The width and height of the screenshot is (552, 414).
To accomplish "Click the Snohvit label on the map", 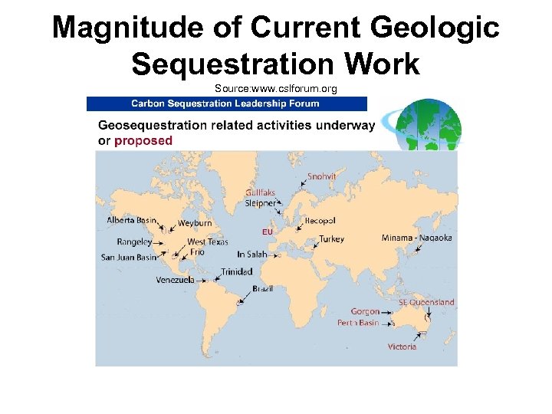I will pos(321,176).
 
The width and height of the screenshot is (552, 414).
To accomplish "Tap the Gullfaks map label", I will pos(260,193).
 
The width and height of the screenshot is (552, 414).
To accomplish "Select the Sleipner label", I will pos(260,204).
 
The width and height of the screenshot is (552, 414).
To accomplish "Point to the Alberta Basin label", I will pos(131,221).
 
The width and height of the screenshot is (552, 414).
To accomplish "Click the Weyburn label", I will pos(194,223).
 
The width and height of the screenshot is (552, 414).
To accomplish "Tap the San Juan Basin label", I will pos(129,257).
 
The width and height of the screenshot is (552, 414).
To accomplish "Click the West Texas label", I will pos(207,242).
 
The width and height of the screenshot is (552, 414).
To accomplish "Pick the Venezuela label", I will pos(175,280).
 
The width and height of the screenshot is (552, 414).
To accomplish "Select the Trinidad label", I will pos(237,271).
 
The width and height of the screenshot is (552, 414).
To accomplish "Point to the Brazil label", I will pos(263,289).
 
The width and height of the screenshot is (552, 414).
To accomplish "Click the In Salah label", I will pos(252,254).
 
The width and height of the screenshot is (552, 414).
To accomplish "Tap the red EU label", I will pos(267,231).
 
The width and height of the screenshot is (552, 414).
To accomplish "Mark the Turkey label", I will pos(332,239).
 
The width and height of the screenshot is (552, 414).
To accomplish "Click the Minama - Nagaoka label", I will pos(416,238).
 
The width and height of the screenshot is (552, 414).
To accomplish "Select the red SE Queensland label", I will pos(426,302).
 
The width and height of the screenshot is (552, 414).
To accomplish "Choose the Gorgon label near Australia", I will pos(365,311).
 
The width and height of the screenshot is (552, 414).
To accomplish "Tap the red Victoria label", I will pos(402,347).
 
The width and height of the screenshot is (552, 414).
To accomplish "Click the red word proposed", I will pos(143,141).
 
